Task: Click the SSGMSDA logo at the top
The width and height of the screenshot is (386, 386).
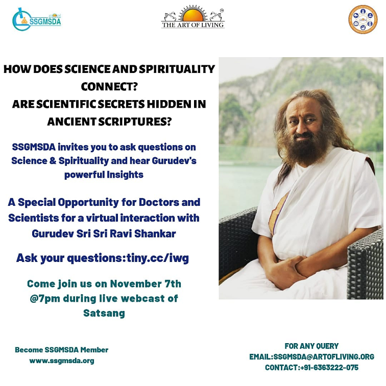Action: [x=36, y=19]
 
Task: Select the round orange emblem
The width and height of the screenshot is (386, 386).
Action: [x=363, y=19]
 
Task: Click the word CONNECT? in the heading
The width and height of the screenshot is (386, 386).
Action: [x=109, y=86]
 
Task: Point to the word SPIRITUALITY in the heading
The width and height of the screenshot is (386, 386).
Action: [x=177, y=69]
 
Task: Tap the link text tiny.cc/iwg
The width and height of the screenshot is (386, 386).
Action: [x=158, y=258]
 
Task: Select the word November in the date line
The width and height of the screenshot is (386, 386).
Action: [x=136, y=283]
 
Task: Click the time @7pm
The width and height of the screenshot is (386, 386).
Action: [x=45, y=299]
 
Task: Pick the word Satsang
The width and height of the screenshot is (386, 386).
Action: [x=104, y=313]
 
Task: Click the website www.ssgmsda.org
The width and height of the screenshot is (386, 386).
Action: [x=62, y=361]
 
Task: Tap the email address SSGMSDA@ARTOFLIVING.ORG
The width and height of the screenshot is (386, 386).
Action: [x=324, y=356]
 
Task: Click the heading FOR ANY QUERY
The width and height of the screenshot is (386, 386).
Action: [x=311, y=346]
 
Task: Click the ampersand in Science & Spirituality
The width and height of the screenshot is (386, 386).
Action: [x=53, y=161]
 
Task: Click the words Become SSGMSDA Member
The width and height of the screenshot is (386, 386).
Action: [x=62, y=350]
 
